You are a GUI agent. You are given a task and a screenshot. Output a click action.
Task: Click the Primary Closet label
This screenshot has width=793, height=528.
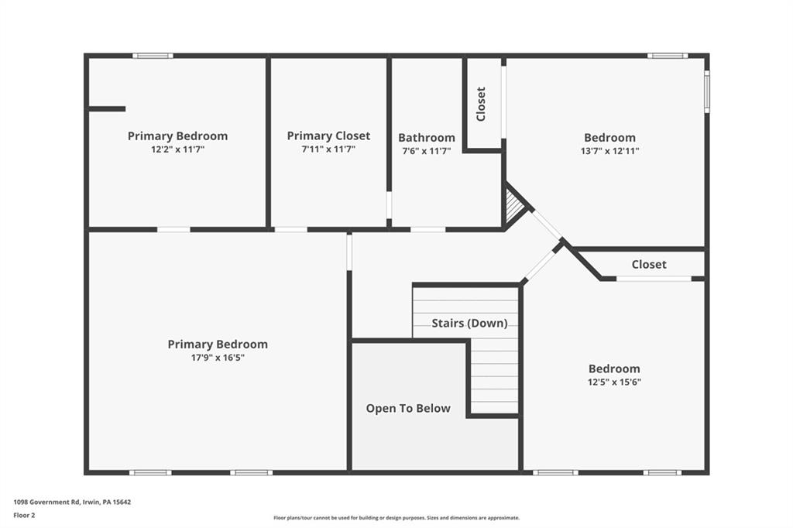(x=328, y=136)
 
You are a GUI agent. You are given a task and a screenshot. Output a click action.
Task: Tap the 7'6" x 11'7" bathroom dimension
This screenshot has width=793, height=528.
(x=427, y=151)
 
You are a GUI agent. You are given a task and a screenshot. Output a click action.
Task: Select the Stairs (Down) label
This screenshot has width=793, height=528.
(x=469, y=323)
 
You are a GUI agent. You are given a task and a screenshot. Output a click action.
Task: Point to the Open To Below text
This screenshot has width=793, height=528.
(x=408, y=409)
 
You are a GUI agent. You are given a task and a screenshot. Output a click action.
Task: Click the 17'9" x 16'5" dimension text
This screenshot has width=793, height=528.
(x=218, y=358)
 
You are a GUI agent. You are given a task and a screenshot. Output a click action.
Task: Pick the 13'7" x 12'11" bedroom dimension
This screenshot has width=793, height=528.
(x=610, y=151)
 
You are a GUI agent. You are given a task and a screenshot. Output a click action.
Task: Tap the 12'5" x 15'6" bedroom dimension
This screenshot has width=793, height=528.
(x=614, y=382)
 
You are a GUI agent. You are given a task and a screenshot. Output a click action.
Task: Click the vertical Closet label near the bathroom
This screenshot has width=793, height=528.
(x=481, y=104)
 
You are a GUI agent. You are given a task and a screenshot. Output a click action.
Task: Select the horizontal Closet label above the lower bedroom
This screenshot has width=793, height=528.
(x=649, y=265)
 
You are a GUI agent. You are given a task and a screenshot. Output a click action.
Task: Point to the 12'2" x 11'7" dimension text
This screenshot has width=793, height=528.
(x=178, y=149)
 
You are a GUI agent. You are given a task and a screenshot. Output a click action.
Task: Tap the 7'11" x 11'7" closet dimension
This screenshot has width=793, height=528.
(x=328, y=149)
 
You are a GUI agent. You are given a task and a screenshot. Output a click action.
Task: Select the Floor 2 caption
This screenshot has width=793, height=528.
(x=24, y=516)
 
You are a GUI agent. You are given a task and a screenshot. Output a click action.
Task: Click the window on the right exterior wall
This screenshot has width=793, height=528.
(x=707, y=91)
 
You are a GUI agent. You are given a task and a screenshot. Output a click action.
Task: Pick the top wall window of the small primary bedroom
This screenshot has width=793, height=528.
(x=153, y=56)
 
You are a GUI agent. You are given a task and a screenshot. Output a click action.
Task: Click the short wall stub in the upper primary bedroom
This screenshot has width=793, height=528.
(x=107, y=108)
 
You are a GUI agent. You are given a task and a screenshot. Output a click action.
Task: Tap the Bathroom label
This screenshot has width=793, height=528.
(x=427, y=138)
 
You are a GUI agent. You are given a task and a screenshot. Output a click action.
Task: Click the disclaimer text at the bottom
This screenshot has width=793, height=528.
(x=396, y=518)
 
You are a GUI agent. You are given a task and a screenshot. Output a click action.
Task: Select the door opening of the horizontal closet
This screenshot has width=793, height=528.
(x=654, y=279)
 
